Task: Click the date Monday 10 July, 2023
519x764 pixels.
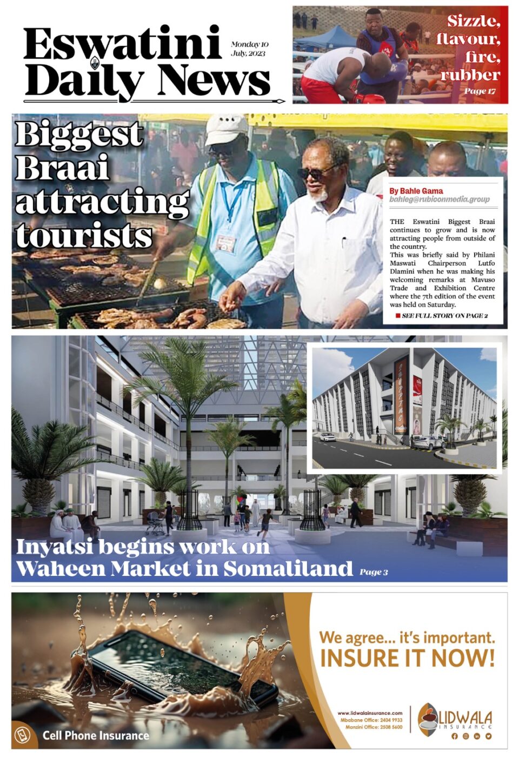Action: (x=249, y=49)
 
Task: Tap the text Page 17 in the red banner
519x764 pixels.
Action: (x=480, y=91)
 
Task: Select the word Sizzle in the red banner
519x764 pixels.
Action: (x=473, y=22)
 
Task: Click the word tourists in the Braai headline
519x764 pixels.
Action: (x=84, y=236)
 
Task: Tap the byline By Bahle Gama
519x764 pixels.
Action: (x=416, y=191)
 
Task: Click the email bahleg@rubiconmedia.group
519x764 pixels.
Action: (x=440, y=200)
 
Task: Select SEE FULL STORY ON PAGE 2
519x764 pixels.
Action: (x=444, y=316)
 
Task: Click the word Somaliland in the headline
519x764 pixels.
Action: (x=288, y=569)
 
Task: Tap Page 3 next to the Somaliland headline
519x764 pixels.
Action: (x=374, y=572)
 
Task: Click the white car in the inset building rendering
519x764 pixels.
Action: (x=327, y=437)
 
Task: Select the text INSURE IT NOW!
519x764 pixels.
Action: (x=407, y=659)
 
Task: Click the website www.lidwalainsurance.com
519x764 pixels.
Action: (x=370, y=713)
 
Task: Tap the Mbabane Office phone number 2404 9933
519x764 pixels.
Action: (x=390, y=720)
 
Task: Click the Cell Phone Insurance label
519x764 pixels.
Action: (x=96, y=735)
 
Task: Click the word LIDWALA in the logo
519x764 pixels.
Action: (x=465, y=718)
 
